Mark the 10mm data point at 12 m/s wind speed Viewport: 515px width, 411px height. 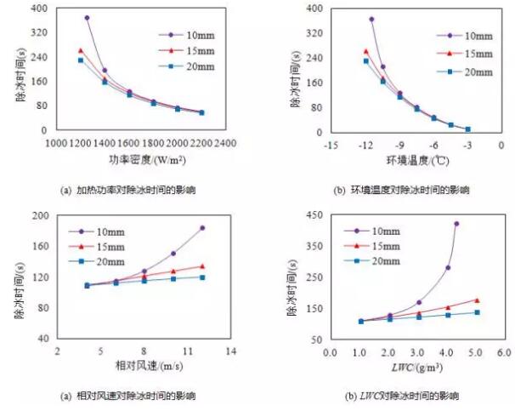202,228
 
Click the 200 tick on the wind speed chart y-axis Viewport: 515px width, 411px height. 38,216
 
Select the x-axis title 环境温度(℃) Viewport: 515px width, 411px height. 407,160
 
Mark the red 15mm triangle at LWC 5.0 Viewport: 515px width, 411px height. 477,300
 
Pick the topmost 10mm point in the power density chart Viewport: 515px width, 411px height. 87,18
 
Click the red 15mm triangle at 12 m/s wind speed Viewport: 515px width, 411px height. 202,266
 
